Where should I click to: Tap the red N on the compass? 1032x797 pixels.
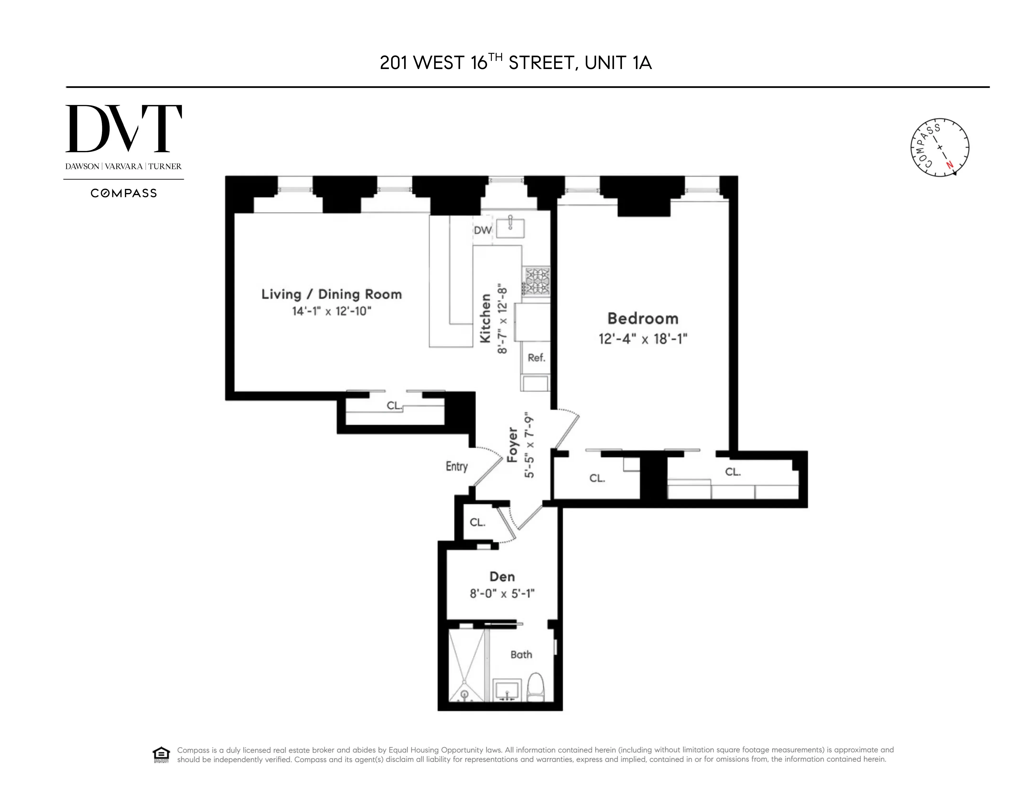949,165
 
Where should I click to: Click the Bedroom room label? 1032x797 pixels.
643,318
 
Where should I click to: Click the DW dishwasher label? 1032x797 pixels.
482,230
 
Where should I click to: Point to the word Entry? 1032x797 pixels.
456,466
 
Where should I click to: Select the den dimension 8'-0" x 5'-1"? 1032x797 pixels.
502,593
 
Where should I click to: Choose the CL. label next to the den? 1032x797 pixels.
477,522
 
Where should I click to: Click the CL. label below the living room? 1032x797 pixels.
394,405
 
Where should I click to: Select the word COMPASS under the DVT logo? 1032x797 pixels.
123,193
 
